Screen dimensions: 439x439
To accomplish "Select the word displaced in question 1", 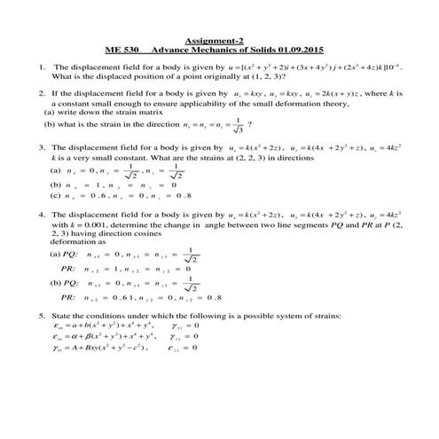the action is (x=106, y=76).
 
